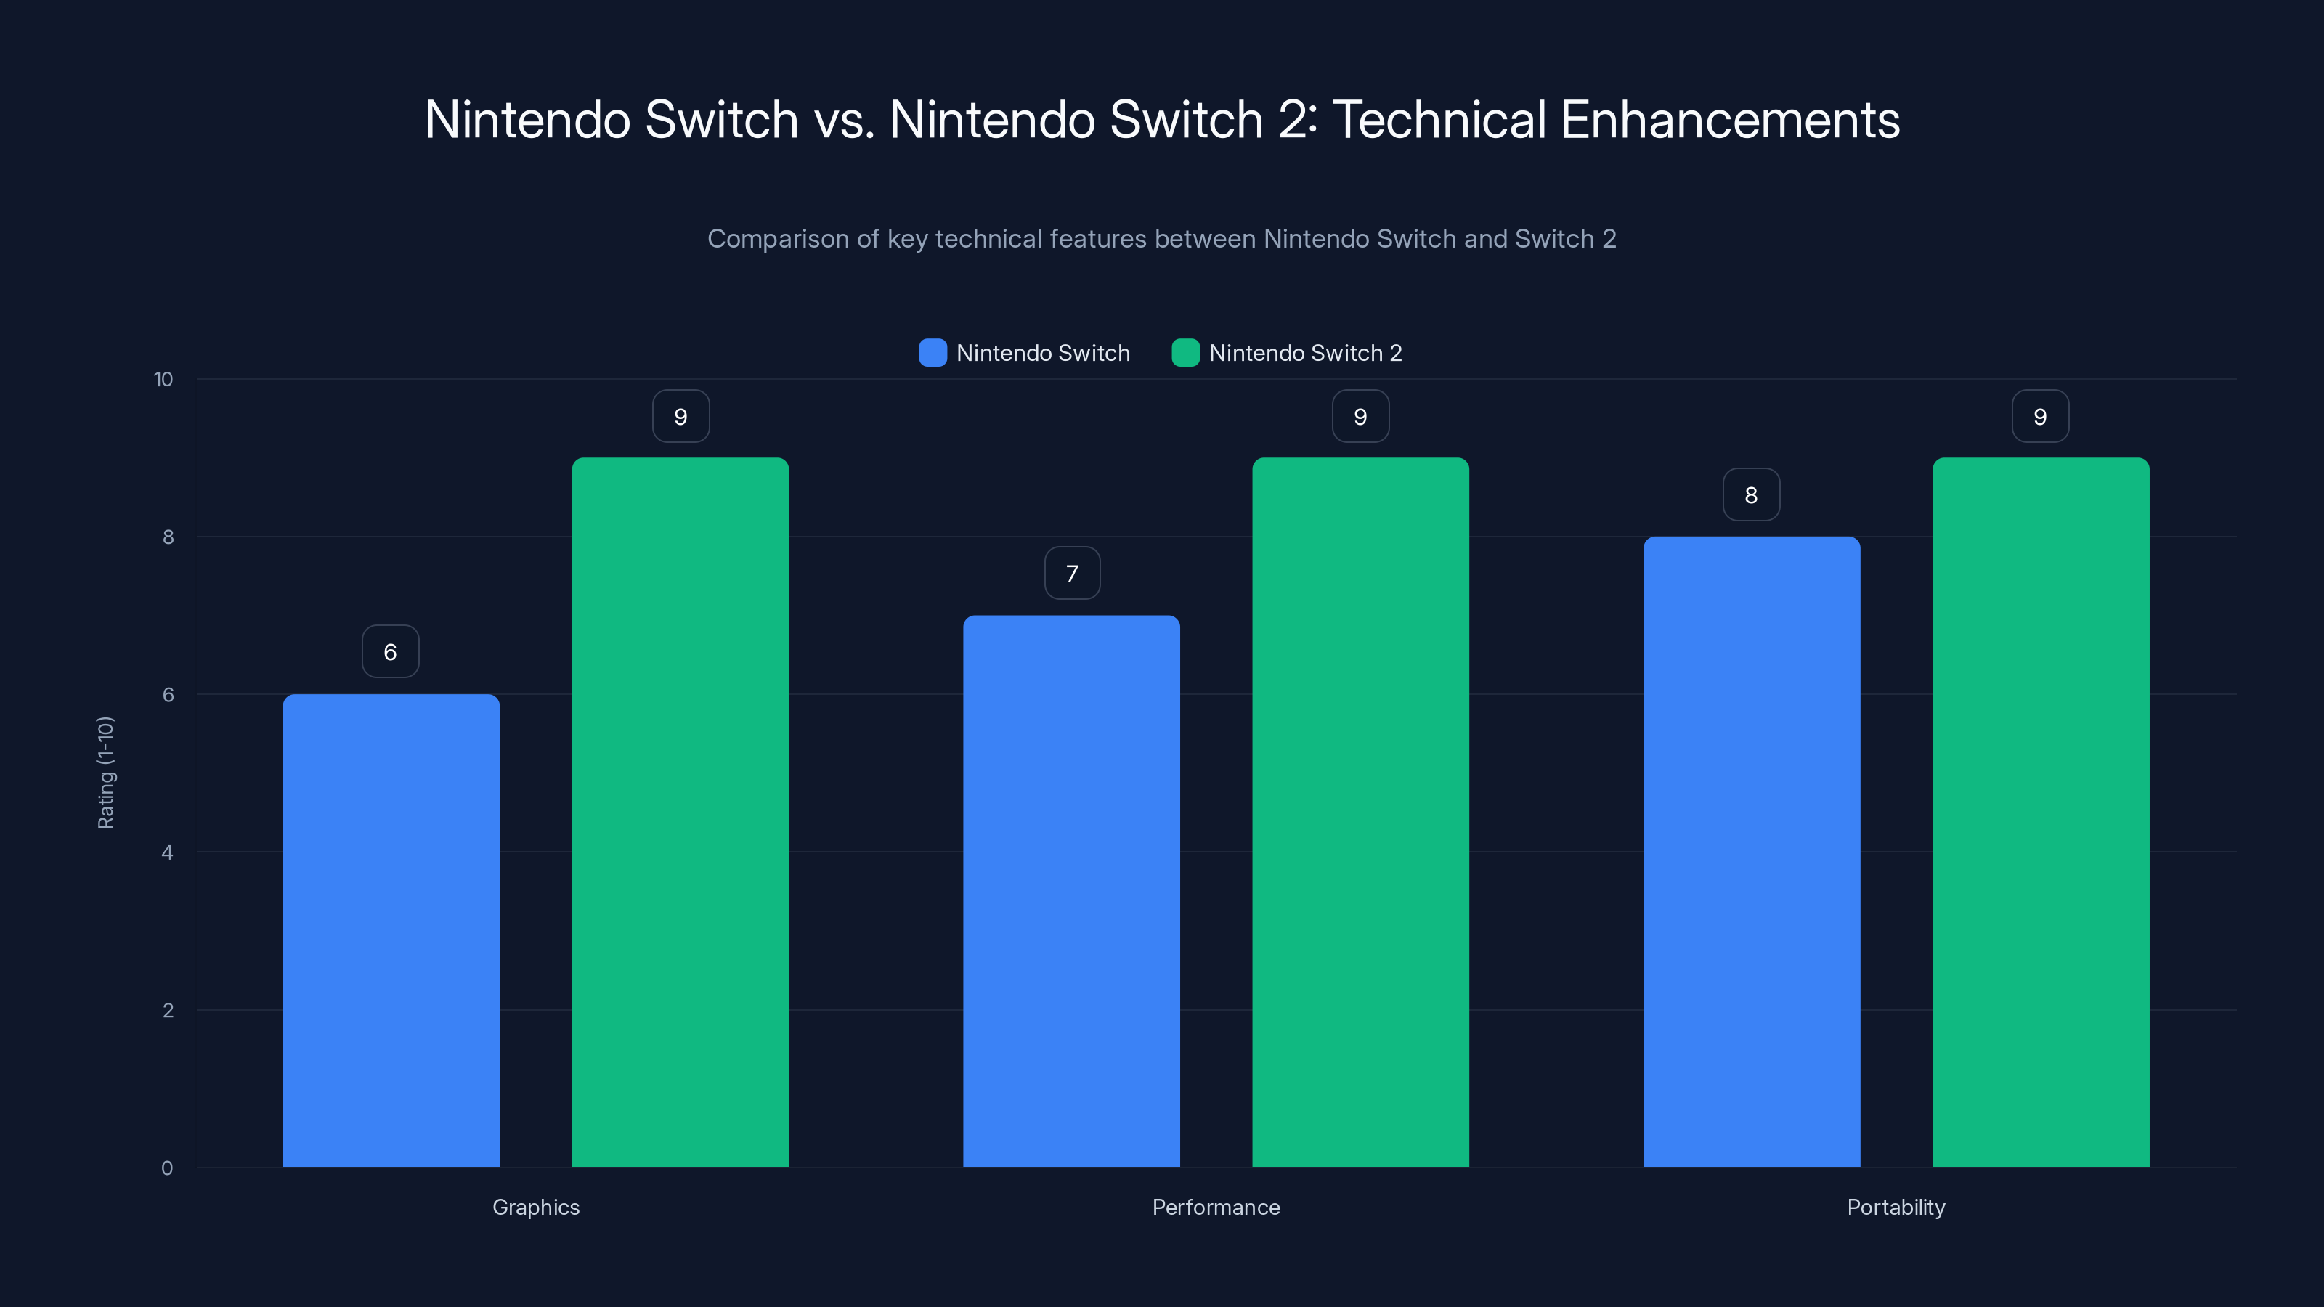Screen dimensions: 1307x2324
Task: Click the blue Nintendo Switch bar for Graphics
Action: pos(391,929)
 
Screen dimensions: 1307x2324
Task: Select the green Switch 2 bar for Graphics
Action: pos(680,812)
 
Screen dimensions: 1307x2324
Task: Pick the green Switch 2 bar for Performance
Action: pos(1360,812)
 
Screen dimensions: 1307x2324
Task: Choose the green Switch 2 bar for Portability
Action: pos(2041,812)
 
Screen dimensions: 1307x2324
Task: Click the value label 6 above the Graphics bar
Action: pos(391,651)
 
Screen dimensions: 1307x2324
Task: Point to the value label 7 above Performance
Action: pos(1072,573)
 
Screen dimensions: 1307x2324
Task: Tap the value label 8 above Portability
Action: pos(1751,494)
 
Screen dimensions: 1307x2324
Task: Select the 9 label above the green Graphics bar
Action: pos(681,416)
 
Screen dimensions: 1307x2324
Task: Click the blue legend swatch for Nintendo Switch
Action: pos(933,353)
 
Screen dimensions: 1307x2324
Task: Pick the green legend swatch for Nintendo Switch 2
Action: pos(1185,353)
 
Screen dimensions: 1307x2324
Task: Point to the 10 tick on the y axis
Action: pos(163,379)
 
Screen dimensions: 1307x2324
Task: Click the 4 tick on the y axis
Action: pos(168,852)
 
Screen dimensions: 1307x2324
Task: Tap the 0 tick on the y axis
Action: pos(168,1168)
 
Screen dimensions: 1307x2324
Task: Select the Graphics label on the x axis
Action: pos(536,1207)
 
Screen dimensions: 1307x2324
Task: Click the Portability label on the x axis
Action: pos(1896,1207)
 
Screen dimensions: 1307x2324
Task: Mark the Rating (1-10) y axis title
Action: pos(105,773)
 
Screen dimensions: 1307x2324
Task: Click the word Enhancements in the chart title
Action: pos(1729,120)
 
